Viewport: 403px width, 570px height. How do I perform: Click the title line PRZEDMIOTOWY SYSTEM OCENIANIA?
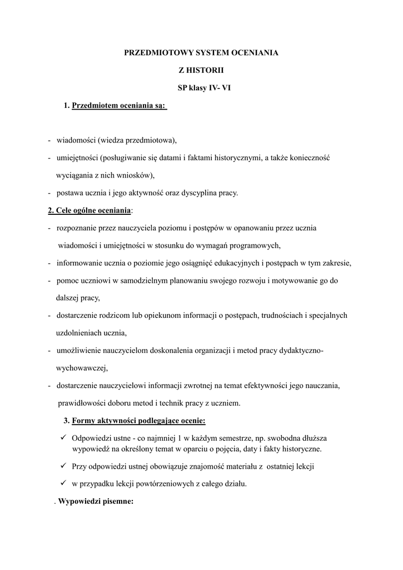[x=201, y=53]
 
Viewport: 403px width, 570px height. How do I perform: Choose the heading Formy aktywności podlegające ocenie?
[x=138, y=420]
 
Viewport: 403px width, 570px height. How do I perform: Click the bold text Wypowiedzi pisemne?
[x=96, y=502]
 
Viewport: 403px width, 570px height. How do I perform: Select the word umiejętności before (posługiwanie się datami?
[x=81, y=158]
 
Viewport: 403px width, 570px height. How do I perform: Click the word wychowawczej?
[x=81, y=368]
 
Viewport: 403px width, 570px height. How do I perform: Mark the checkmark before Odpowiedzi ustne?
[x=63, y=438]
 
